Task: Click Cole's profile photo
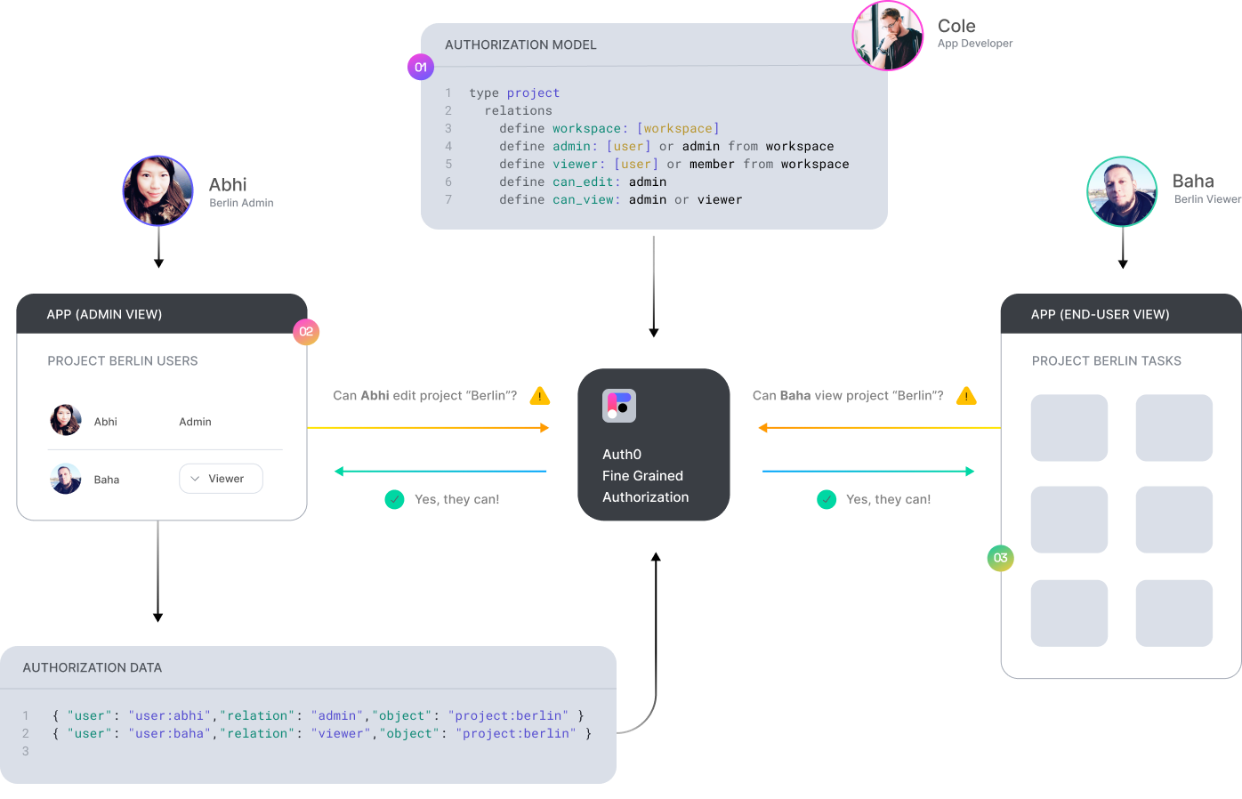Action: [x=887, y=36]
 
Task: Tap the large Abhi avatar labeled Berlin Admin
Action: [x=158, y=190]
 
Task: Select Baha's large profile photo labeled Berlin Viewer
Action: [x=1122, y=191]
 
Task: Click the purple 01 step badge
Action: [x=421, y=67]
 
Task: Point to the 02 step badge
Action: [x=306, y=332]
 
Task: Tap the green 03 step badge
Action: [x=1000, y=558]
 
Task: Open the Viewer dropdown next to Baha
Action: [x=221, y=479]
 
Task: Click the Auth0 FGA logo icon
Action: [x=619, y=406]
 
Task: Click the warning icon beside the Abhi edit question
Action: [x=539, y=396]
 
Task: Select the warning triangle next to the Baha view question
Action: [x=966, y=396]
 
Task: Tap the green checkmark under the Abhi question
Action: [x=394, y=499]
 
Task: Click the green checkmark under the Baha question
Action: [x=827, y=499]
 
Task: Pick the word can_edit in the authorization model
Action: [x=583, y=182]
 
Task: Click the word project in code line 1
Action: [x=533, y=93]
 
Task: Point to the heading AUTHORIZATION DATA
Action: [x=93, y=667]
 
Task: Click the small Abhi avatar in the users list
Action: [x=66, y=420]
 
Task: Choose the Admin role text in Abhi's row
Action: [x=195, y=422]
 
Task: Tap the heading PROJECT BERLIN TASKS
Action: [x=1106, y=361]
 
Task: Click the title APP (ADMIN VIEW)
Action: [x=104, y=314]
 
